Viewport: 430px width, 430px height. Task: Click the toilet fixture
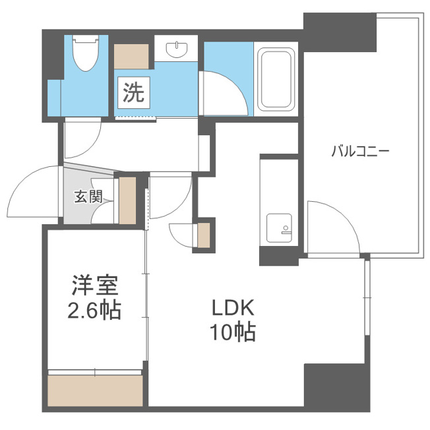tap(86, 53)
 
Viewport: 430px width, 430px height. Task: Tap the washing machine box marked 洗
tap(134, 92)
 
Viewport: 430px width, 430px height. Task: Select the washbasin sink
tap(177, 49)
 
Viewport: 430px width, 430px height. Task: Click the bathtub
tap(276, 80)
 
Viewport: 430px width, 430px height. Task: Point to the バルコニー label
tap(360, 152)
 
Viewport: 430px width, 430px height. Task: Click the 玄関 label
tap(88, 197)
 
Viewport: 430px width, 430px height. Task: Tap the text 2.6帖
tap(94, 311)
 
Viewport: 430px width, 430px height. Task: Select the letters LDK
tap(233, 308)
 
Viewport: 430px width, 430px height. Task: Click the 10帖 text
tap(233, 332)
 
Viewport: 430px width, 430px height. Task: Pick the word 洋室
tap(95, 285)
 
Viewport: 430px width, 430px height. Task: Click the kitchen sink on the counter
tap(279, 228)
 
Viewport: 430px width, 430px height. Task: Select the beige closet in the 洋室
tap(95, 390)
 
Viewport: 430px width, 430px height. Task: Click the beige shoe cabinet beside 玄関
tap(127, 200)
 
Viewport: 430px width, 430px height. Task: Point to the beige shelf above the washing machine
tap(131, 57)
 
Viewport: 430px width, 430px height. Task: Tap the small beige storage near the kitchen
tap(204, 235)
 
